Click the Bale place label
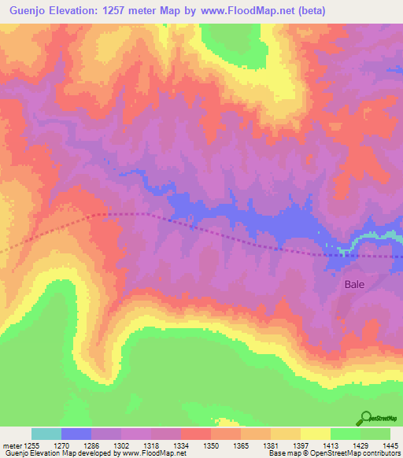tap(354, 286)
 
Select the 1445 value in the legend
tap(390, 445)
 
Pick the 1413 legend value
tap(330, 445)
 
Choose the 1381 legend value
tap(270, 445)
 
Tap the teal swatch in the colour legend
tap(46, 434)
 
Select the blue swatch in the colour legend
tap(76, 434)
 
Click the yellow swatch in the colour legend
tap(315, 434)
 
